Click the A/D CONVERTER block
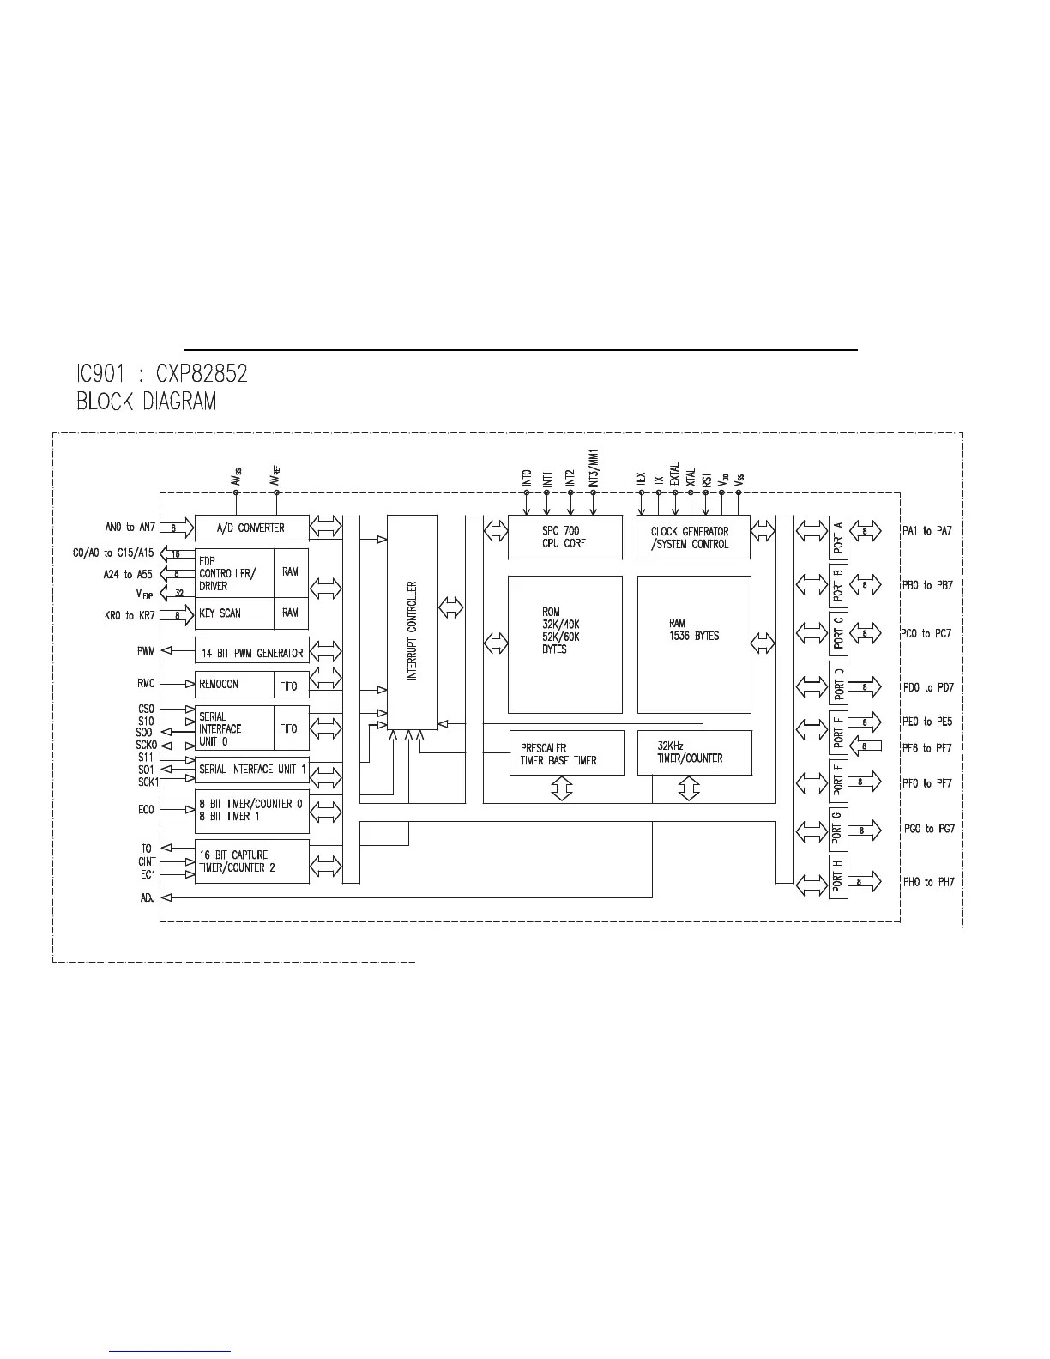point(251,528)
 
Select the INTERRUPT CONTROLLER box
point(412,631)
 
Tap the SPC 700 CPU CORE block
point(564,537)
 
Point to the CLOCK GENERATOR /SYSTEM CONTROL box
point(693,537)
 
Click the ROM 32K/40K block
point(564,643)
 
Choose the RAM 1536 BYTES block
point(693,643)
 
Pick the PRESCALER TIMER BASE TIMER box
point(566,753)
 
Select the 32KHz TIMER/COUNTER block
point(693,752)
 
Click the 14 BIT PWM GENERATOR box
point(251,652)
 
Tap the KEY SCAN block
point(233,613)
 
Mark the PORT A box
point(838,538)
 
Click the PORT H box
point(838,877)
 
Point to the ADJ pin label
point(148,897)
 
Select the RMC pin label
point(146,684)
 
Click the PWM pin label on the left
point(146,651)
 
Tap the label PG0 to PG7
point(928,829)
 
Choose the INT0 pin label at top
point(527,479)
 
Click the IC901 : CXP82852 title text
point(162,374)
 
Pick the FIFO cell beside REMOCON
point(289,686)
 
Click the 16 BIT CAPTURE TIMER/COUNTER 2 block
point(251,861)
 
